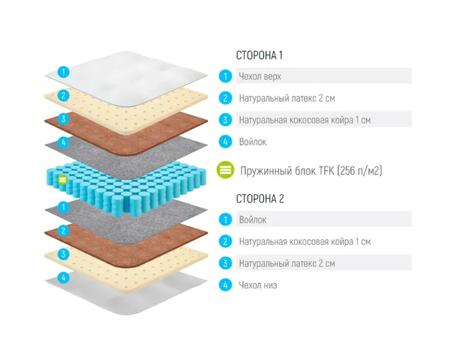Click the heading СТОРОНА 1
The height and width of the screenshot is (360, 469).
click(x=260, y=55)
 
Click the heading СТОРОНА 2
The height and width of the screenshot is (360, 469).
click(x=260, y=199)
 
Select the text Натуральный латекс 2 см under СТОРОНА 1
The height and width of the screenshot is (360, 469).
click(x=286, y=98)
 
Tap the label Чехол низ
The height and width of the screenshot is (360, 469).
click(x=258, y=285)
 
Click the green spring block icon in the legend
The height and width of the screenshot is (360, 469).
click(x=226, y=171)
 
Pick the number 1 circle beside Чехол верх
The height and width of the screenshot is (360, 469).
click(x=226, y=76)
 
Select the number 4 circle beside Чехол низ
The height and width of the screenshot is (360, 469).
click(x=226, y=285)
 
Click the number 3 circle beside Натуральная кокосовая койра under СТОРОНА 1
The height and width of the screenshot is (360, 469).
click(x=226, y=120)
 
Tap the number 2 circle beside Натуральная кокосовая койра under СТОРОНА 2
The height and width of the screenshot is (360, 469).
click(x=226, y=241)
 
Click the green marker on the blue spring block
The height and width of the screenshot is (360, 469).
click(x=63, y=179)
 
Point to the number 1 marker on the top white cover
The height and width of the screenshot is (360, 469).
click(x=63, y=71)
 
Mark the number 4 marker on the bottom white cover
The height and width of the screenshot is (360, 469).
click(x=63, y=277)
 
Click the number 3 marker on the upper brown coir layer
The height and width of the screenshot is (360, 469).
click(x=63, y=119)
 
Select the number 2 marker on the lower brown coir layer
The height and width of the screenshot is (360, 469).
click(x=63, y=230)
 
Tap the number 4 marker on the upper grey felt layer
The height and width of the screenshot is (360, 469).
click(x=63, y=143)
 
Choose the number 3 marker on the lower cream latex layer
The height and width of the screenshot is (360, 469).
click(x=63, y=253)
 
